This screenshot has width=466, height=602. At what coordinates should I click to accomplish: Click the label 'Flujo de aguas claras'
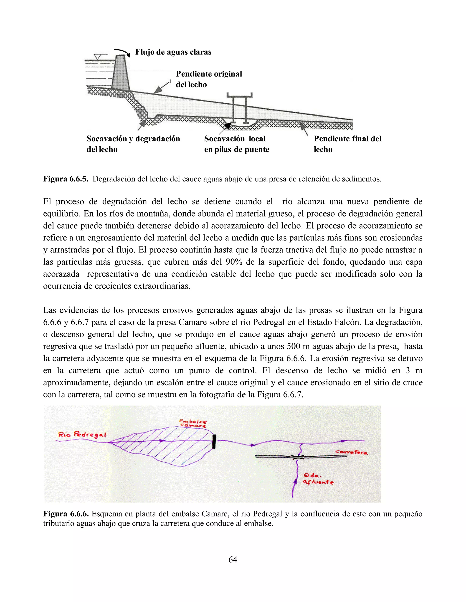pyautogui.click(x=173, y=52)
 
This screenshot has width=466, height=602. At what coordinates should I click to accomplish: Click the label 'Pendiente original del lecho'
pyautogui.click(x=209, y=79)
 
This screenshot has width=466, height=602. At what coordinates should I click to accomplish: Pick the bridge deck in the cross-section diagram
pyautogui.click(x=239, y=95)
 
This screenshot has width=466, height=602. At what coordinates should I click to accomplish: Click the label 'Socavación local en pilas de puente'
pyautogui.click(x=237, y=144)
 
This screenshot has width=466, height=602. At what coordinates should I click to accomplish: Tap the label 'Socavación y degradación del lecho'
pyautogui.click(x=133, y=144)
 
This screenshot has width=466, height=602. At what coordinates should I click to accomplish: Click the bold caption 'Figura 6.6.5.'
pyautogui.click(x=66, y=179)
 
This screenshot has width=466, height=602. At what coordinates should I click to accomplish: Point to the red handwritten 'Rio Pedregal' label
pyautogui.click(x=82, y=435)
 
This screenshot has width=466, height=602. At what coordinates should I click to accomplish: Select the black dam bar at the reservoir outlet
pyautogui.click(x=214, y=442)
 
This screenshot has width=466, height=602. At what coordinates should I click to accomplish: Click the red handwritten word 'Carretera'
pyautogui.click(x=351, y=452)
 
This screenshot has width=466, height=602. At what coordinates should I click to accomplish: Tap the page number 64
pyautogui.click(x=233, y=559)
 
